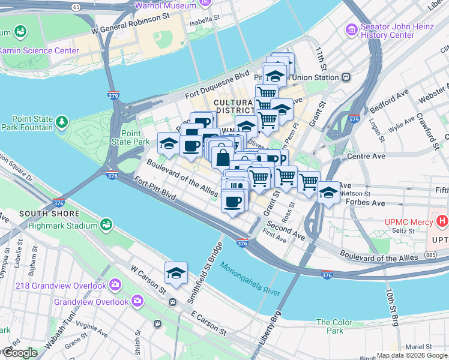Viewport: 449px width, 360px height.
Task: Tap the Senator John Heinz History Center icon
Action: pyautogui.click(x=351, y=29)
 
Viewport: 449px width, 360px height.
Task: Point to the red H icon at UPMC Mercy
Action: pyautogui.click(x=442, y=222)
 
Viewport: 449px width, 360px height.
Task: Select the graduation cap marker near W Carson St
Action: pyautogui.click(x=176, y=273)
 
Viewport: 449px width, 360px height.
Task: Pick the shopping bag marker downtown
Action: pyautogui.click(x=223, y=158)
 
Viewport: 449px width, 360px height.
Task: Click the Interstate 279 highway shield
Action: pyautogui.click(x=113, y=95)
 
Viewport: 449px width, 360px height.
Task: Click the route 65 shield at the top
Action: pyautogui.click(x=75, y=7)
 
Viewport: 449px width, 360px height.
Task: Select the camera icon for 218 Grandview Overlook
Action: pyautogui.click(x=114, y=286)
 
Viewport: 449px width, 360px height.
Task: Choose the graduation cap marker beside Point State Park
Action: pyautogui.click(x=169, y=144)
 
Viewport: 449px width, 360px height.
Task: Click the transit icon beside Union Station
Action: pyautogui.click(x=346, y=77)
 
